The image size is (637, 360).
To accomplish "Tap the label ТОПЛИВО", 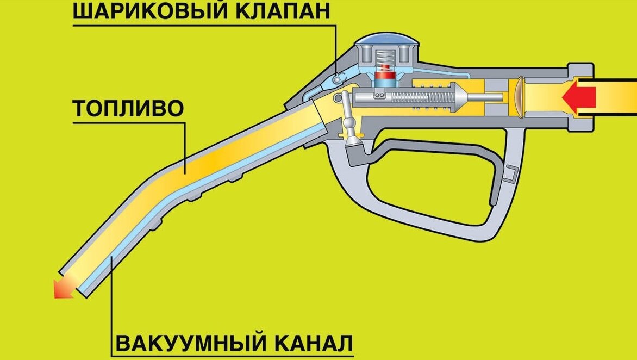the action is (x=128, y=109).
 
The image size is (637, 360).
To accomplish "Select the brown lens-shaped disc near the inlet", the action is (x=520, y=98).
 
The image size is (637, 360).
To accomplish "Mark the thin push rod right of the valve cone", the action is (x=485, y=98).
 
